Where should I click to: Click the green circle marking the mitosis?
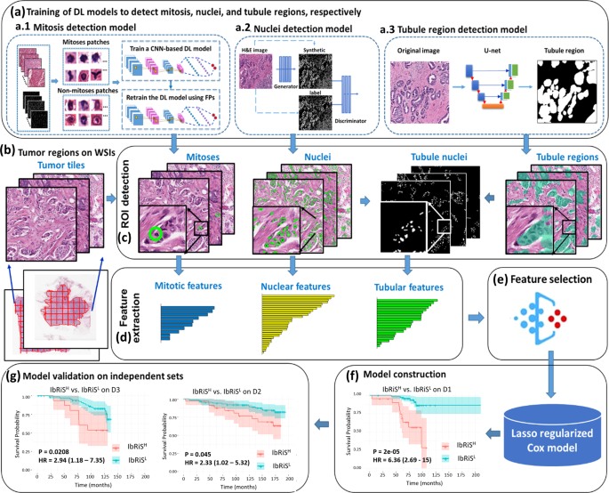156,234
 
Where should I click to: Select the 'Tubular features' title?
408,288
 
